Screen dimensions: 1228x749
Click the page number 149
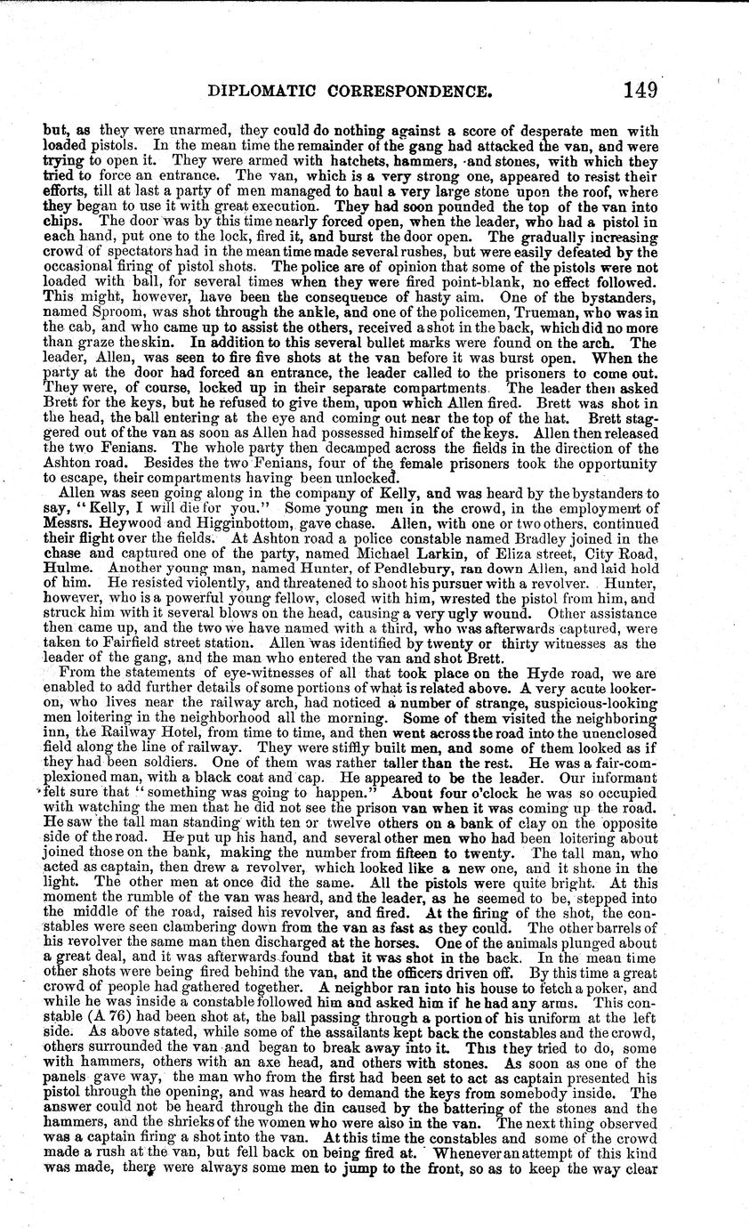coord(640,90)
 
